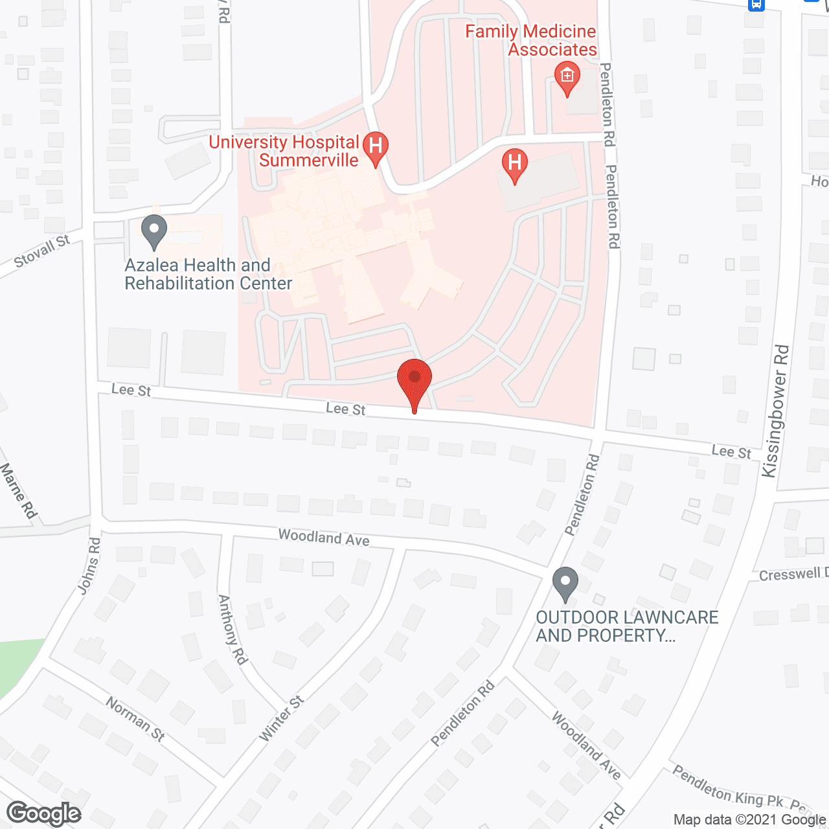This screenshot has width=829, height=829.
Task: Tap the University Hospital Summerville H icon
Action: click(x=375, y=146)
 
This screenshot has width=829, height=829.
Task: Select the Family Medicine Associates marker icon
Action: click(x=567, y=76)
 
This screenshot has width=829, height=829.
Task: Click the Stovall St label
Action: click(x=42, y=251)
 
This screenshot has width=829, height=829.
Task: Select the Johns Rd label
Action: click(x=89, y=565)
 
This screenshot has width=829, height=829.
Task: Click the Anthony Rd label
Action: click(x=233, y=630)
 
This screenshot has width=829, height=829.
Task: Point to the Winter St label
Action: click(x=281, y=719)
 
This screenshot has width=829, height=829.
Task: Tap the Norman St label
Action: click(x=135, y=719)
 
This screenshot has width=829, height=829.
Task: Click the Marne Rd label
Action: click(x=18, y=491)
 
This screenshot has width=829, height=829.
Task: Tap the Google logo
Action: click(x=44, y=814)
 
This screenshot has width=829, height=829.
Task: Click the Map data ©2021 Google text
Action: click(x=749, y=820)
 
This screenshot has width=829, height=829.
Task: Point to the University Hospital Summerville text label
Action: click(x=284, y=151)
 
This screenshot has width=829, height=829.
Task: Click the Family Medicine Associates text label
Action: click(x=531, y=40)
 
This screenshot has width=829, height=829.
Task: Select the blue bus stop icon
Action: click(x=756, y=5)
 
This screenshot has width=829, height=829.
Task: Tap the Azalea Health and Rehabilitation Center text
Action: click(x=208, y=274)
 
